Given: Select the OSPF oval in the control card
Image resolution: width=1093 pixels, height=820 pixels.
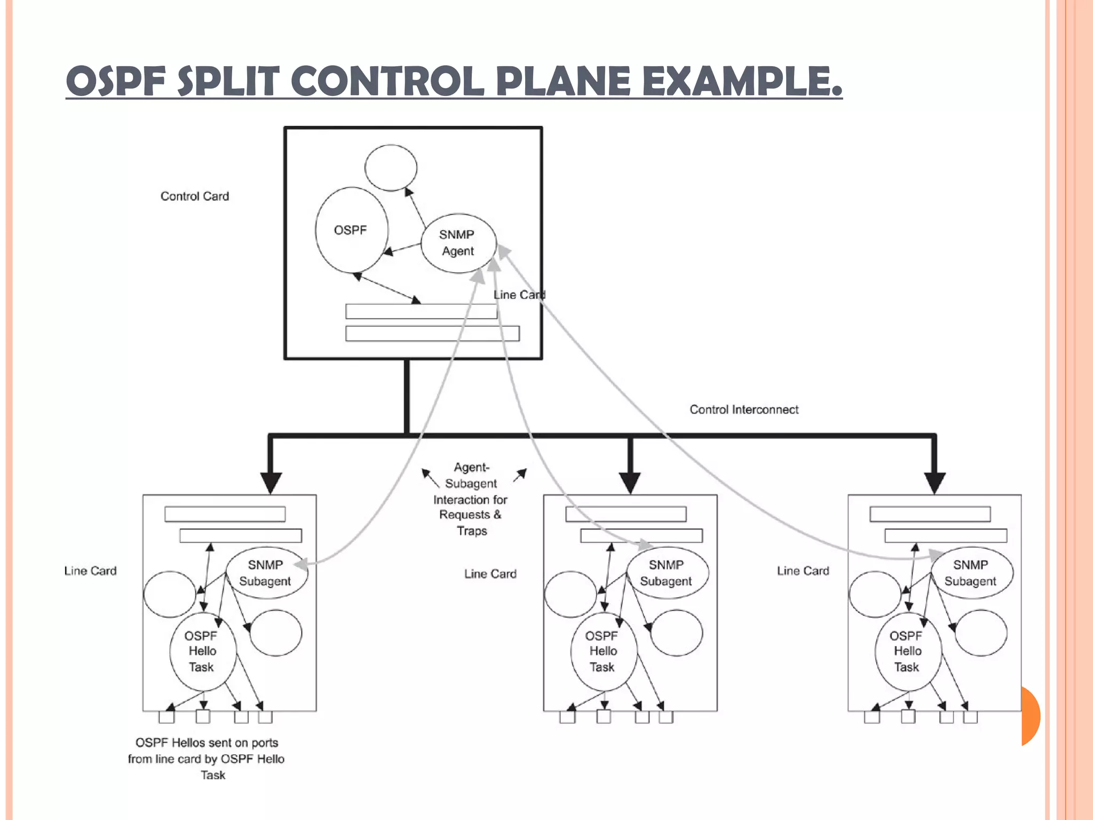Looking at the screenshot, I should (x=351, y=230).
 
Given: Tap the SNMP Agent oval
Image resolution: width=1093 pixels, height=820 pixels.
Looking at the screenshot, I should (x=458, y=243).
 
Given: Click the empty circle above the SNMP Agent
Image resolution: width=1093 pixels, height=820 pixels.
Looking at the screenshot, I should (x=391, y=168).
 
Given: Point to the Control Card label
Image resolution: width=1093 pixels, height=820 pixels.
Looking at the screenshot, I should (x=195, y=196).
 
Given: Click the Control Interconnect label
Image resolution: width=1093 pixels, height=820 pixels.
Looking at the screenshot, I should (x=744, y=409).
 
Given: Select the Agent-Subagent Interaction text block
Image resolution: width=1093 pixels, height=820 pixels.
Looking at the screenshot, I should (x=471, y=499).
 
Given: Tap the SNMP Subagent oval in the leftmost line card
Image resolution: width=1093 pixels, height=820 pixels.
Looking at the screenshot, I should (x=266, y=573).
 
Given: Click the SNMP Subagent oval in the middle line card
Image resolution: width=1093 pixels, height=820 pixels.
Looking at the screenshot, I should (x=667, y=573).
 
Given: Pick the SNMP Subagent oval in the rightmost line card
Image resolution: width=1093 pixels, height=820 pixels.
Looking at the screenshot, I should (x=971, y=573).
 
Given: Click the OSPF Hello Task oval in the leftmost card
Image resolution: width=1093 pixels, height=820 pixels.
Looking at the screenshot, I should (x=202, y=651).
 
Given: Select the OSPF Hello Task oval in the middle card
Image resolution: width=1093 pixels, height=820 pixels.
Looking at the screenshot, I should (x=603, y=651).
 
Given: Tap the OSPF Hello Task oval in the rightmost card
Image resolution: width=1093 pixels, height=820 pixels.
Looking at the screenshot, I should (x=907, y=651).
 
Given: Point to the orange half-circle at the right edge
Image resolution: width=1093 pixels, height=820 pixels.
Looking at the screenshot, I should (x=1030, y=715).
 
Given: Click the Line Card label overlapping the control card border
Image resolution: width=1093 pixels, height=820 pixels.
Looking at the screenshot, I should (x=519, y=295).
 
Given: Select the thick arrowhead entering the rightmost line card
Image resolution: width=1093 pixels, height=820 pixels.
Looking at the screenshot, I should (x=934, y=482).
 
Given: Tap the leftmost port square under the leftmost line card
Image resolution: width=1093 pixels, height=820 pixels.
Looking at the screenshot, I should (x=167, y=716).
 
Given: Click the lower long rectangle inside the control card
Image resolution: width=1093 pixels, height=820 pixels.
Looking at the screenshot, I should (x=432, y=334).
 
